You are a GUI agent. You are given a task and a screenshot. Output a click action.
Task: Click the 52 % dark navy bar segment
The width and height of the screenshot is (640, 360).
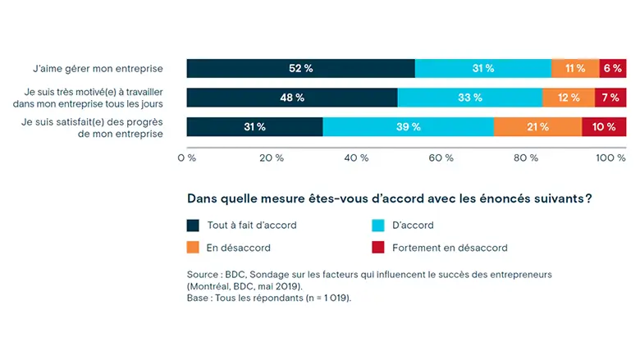point(300,68)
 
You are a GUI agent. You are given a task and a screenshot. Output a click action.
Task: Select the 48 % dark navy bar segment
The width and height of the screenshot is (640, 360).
point(292,98)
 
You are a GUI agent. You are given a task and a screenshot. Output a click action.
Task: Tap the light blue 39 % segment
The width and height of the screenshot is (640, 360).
point(408,127)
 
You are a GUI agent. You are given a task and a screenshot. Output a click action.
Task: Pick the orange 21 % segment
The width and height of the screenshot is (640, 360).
point(537,127)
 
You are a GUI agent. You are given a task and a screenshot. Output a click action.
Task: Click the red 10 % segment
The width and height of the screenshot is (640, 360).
point(604,127)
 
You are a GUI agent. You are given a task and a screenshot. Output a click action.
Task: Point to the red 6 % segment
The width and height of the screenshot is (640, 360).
point(613,68)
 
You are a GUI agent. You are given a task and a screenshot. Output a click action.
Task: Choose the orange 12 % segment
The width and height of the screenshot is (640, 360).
point(569,98)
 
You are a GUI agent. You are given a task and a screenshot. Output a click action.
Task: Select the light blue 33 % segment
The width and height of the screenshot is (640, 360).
point(470,98)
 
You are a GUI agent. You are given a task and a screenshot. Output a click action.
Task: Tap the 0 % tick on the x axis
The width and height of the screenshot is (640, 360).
point(186,157)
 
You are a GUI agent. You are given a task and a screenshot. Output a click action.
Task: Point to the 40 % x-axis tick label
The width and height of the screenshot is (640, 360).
point(357,157)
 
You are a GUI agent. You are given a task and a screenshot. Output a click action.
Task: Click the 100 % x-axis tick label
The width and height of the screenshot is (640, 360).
point(611,157)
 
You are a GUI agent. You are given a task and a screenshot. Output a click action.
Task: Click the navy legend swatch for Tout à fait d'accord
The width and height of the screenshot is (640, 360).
point(194,225)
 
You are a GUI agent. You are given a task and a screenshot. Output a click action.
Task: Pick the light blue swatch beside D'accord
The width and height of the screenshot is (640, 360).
point(378,225)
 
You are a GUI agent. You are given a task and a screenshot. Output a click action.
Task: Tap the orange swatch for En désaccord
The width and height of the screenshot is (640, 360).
point(194,247)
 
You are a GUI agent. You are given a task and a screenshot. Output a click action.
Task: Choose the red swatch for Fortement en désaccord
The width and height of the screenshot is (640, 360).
point(378,247)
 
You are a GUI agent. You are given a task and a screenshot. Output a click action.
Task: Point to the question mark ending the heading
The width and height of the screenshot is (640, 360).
point(589,198)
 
